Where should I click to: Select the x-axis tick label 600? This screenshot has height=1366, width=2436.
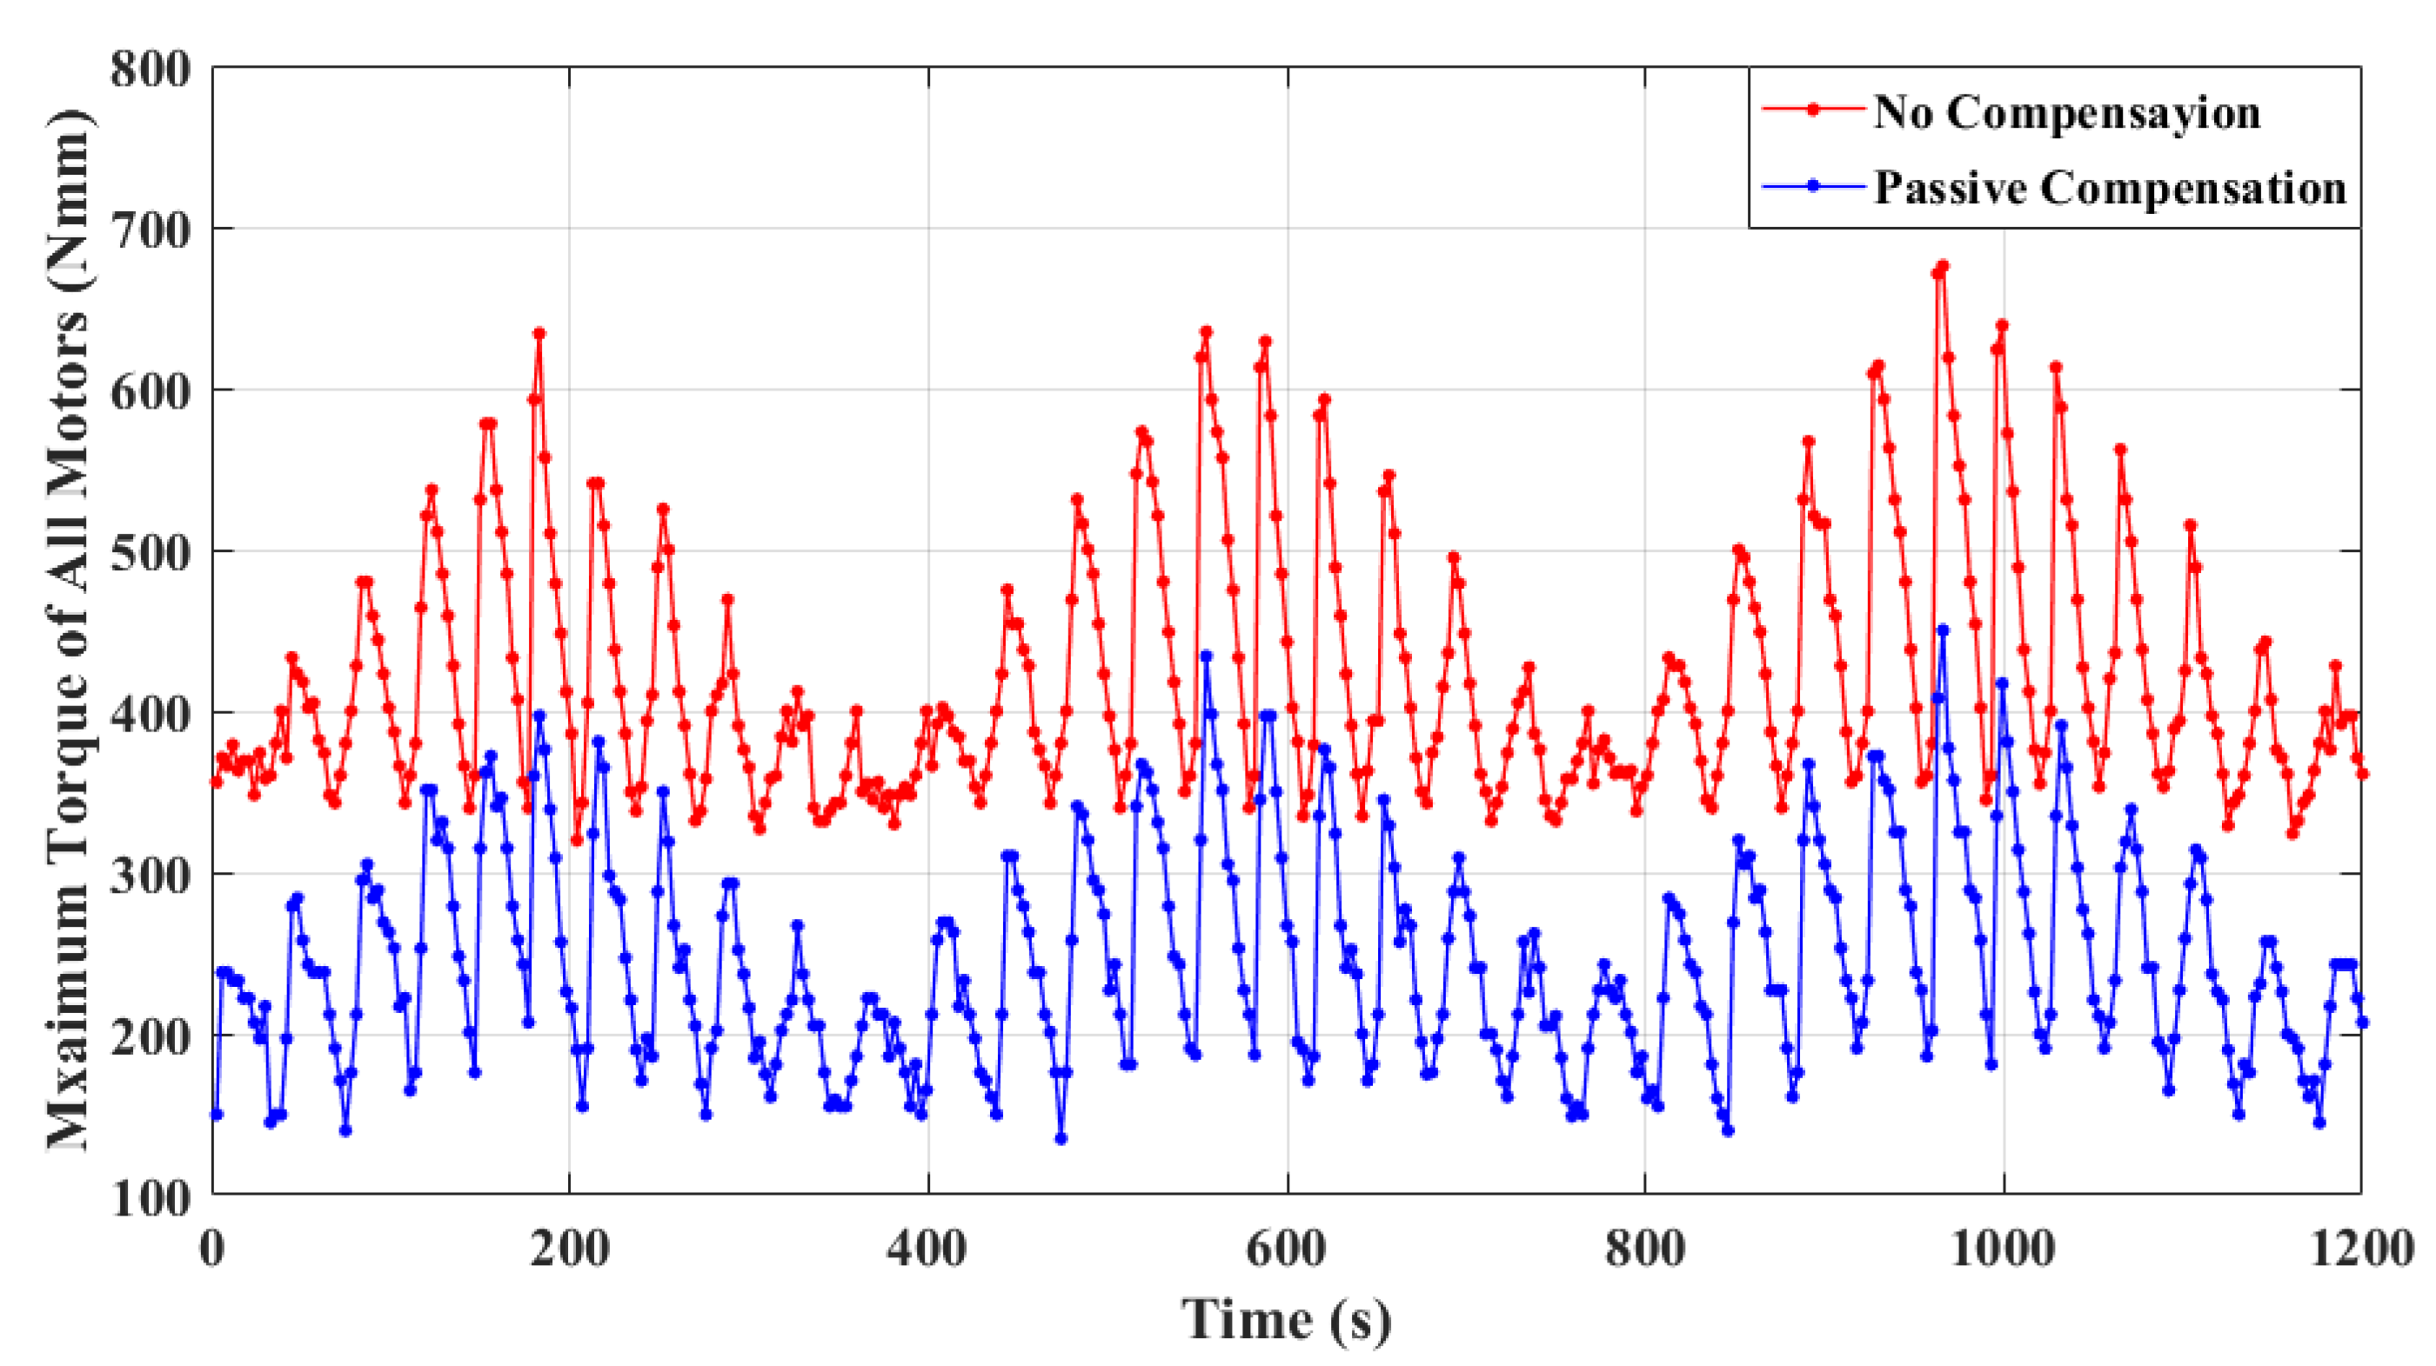coord(1286,1249)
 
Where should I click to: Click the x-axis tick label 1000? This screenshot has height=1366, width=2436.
coord(2002,1249)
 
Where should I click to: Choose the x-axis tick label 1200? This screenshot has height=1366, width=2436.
coord(2361,1249)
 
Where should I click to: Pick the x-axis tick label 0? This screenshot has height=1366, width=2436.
coord(211,1249)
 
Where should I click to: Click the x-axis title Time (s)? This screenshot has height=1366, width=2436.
coord(1286,1320)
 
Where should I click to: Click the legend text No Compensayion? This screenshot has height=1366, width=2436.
coord(2066,112)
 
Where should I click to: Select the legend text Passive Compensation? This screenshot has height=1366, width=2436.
coord(2110,187)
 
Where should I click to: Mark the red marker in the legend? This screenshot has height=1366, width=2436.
coord(1813,110)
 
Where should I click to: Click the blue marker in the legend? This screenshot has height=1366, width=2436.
coord(1813,186)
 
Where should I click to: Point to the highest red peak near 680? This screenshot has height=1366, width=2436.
coord(1944,267)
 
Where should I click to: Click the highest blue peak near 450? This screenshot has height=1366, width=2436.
coord(1944,630)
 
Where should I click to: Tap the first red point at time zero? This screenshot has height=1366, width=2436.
coord(217,782)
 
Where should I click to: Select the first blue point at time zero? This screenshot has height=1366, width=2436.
coord(217,1116)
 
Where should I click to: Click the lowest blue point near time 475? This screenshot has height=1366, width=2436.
coord(1061,1139)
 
